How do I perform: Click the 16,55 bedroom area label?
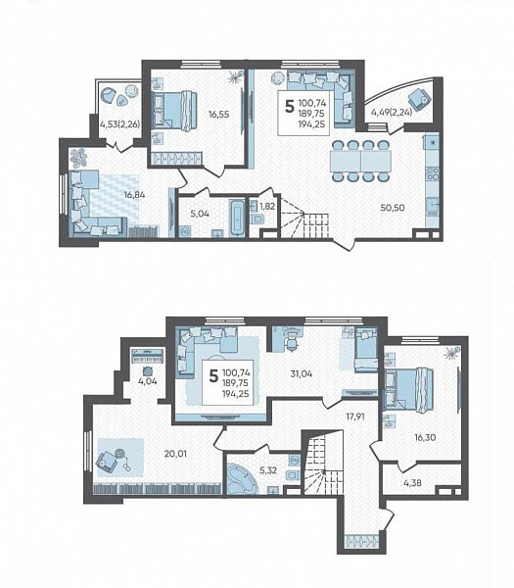[x=218, y=114]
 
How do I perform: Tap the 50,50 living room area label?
[x=393, y=208]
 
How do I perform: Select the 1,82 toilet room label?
[x=267, y=206]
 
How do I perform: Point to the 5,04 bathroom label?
[x=200, y=214]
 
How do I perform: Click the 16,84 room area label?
[x=135, y=195]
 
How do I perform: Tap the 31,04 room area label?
[x=302, y=373]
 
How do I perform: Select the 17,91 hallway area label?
[x=354, y=416]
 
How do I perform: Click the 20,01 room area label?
[x=175, y=454]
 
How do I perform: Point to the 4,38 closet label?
[x=412, y=483]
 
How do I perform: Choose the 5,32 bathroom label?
[x=267, y=469]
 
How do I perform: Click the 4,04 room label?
[x=148, y=382]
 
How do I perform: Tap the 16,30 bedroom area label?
[x=425, y=437]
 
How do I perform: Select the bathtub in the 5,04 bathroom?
[x=236, y=218]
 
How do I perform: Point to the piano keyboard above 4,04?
[x=148, y=356]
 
